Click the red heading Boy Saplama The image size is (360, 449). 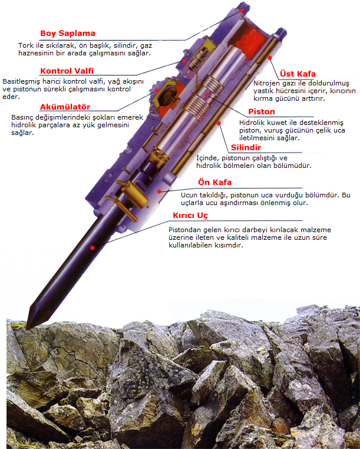click(x=68, y=34)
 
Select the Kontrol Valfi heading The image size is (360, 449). click(x=67, y=71)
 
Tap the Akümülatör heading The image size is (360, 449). click(x=65, y=107)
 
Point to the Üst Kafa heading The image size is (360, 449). click(x=298, y=74)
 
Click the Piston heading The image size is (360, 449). click(x=262, y=112)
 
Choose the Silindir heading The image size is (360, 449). click(x=246, y=148)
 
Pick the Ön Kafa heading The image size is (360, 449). click(x=215, y=183)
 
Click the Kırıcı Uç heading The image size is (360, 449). click(x=190, y=216)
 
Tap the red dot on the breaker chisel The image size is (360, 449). click(x=93, y=248)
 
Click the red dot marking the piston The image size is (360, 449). click(x=207, y=94)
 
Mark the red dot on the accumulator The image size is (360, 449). click(x=157, y=91)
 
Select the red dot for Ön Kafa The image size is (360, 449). click(x=160, y=192)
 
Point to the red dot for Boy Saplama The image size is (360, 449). click(x=242, y=11)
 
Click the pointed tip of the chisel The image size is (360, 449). click(x=27, y=328)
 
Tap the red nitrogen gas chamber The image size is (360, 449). click(x=250, y=38)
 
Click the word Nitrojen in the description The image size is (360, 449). click(x=265, y=83)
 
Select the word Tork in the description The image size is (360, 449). click(x=24, y=45)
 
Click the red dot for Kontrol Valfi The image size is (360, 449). click(x=184, y=61)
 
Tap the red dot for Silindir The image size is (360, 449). click(x=219, y=123)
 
